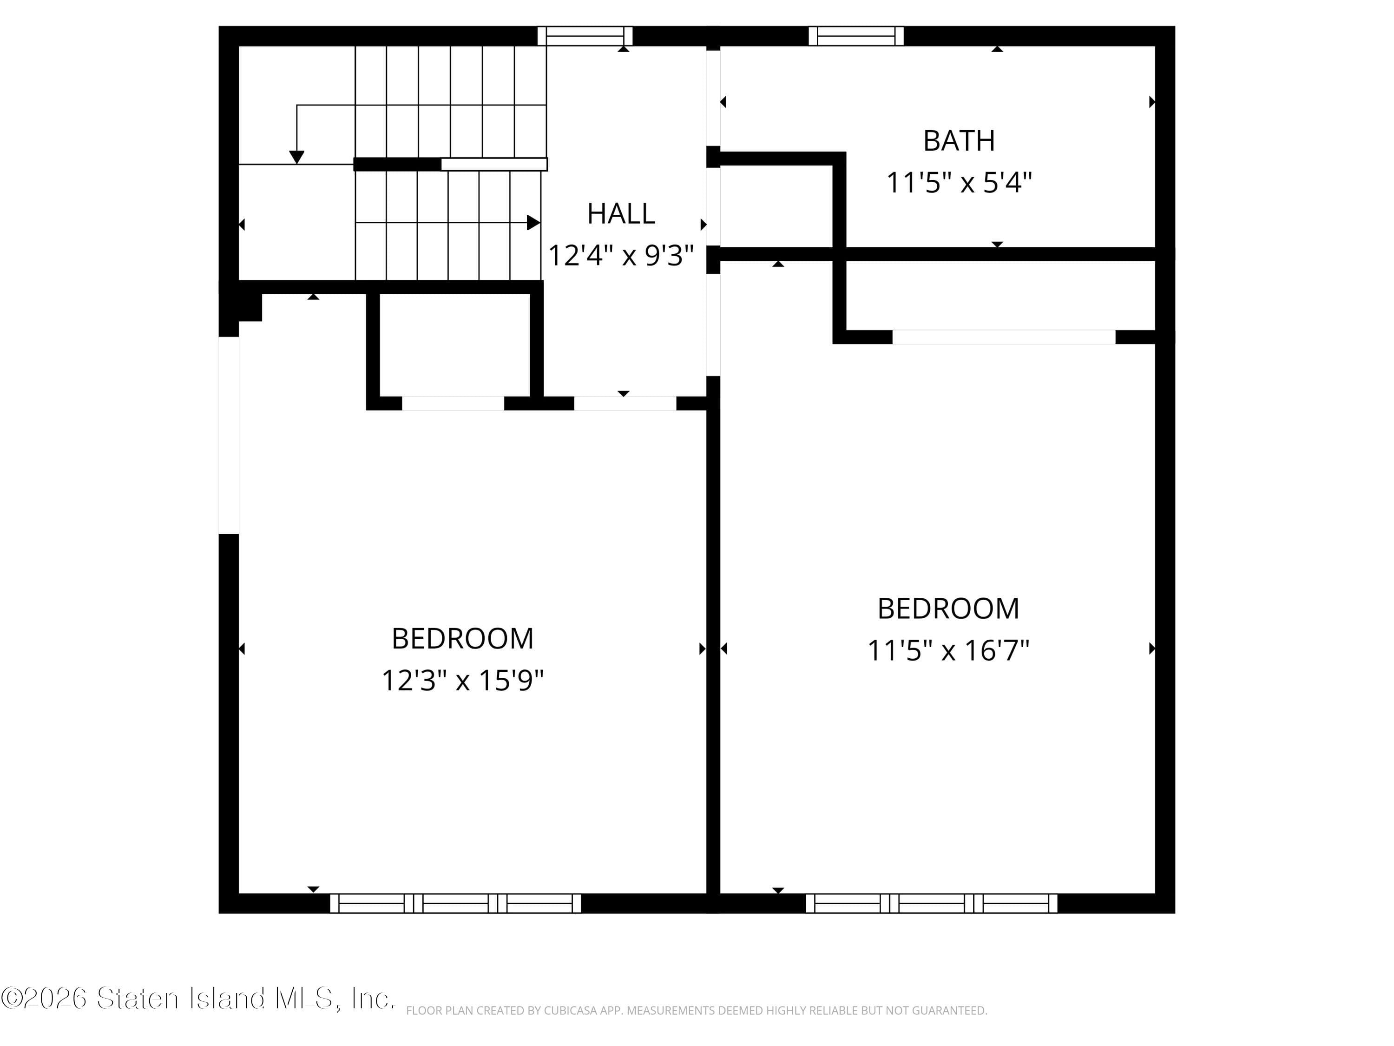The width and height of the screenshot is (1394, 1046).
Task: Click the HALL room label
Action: [x=621, y=214]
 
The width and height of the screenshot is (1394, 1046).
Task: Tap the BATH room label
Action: [x=959, y=140]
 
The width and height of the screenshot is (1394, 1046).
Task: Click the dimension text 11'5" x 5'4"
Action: [x=959, y=183]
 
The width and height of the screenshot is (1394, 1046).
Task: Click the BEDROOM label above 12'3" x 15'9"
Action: [x=462, y=639]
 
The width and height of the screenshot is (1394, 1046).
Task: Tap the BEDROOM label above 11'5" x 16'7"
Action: [x=948, y=609]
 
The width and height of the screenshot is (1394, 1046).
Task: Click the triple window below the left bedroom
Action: [x=455, y=903]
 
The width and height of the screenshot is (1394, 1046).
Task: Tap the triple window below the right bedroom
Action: [x=932, y=903]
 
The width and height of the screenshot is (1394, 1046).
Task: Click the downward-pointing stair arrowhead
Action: [x=297, y=158]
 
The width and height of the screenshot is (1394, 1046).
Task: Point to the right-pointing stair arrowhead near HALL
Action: [x=533, y=223]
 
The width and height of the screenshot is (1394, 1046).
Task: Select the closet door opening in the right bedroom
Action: [x=1003, y=338]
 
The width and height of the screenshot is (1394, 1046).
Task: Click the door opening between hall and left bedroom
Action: [x=625, y=404]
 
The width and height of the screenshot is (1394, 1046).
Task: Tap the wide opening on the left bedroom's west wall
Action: [x=229, y=435]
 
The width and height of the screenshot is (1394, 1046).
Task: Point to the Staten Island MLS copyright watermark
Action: [x=197, y=998]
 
